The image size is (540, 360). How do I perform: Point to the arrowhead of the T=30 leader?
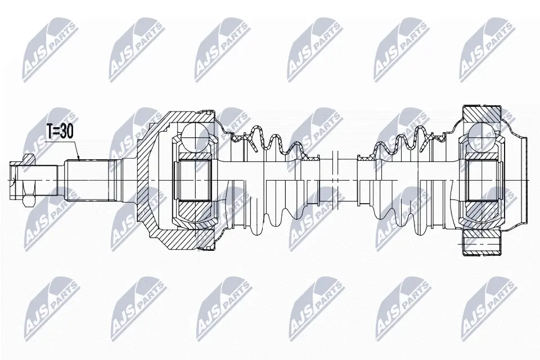pyautogui.click(x=80, y=160)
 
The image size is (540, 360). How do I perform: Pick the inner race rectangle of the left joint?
pyautogui.click(x=194, y=179)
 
